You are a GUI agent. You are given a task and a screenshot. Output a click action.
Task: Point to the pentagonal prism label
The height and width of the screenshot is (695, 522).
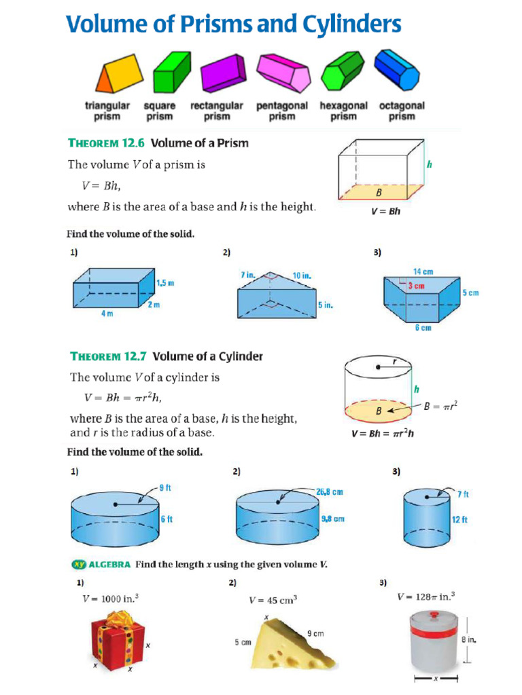[x=281, y=111]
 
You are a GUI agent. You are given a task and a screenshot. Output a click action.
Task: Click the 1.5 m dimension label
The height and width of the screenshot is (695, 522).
[x=165, y=283]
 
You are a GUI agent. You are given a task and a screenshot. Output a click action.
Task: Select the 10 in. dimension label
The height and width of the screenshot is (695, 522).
[x=302, y=276]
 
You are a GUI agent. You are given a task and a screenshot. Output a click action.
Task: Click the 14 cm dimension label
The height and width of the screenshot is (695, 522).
[x=423, y=271]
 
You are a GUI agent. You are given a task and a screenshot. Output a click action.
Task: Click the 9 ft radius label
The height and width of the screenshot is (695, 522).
[x=165, y=487]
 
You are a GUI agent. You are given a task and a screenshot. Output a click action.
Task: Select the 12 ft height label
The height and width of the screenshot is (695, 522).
[x=460, y=520]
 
